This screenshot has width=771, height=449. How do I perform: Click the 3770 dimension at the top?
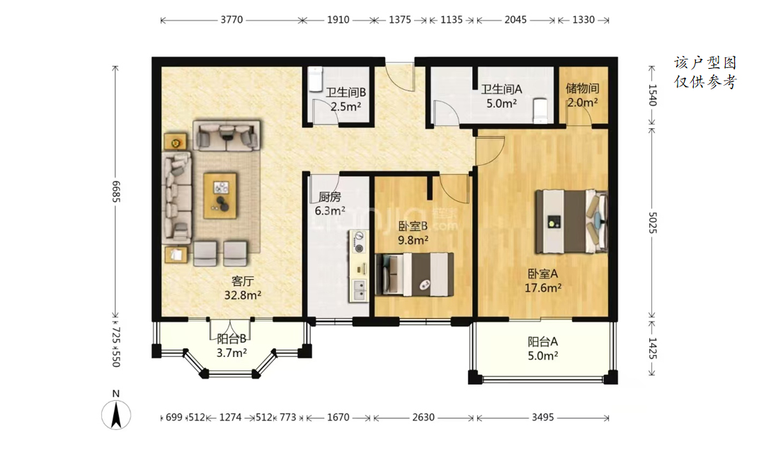click(x=232, y=20)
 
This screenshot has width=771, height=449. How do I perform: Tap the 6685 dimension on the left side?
click(x=116, y=191)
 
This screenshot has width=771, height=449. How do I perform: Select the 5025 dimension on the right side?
click(x=653, y=223)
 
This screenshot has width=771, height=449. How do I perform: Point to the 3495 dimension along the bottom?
click(x=543, y=418)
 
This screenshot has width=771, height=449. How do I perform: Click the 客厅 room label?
click(x=243, y=281)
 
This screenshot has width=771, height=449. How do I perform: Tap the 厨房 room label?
click(x=329, y=197)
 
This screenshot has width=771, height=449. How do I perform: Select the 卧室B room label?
click(x=413, y=226)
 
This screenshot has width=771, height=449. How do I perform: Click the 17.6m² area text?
click(x=543, y=288)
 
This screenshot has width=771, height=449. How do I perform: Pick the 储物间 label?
click(x=582, y=89)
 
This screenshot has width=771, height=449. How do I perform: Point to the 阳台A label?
click(x=543, y=341)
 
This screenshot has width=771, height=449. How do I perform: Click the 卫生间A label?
click(x=501, y=89)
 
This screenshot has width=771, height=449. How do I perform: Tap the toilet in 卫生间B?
click(x=315, y=79)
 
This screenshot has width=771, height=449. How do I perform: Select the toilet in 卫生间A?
click(x=540, y=111)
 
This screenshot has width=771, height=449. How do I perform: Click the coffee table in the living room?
click(x=220, y=195)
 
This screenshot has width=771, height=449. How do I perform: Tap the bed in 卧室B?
click(x=414, y=274)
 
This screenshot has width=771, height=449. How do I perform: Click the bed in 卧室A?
click(x=571, y=221)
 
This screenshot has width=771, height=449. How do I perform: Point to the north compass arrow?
click(x=116, y=415)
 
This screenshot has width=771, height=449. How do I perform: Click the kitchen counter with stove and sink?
click(x=358, y=266)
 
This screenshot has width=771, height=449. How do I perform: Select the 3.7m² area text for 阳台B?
click(x=232, y=353)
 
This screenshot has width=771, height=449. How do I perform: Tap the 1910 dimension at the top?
click(x=338, y=20)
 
